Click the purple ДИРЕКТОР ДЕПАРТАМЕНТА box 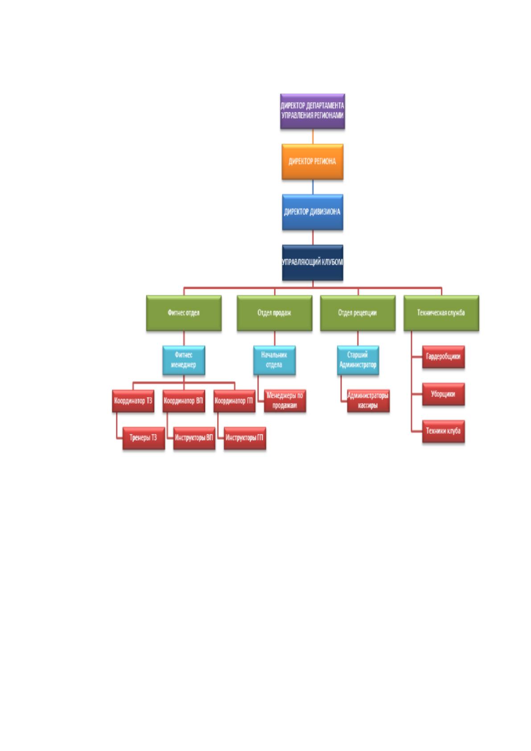point(313,111)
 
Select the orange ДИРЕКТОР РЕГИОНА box point(313,161)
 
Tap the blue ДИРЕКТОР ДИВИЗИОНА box point(313,212)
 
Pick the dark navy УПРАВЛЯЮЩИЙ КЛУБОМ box point(313,263)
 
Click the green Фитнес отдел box point(184,313)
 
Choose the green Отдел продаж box point(275,313)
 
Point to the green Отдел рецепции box point(358,313)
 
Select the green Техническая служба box point(441,313)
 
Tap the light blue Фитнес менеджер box point(184,360)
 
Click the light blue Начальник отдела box point(275,360)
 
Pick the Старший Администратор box point(358,360)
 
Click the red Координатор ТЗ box point(133,401)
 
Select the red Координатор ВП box point(184,401)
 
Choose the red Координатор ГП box point(235,401)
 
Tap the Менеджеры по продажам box point(285,400)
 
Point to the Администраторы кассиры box point(368,400)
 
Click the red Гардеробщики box point(444,357)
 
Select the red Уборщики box point(444,394)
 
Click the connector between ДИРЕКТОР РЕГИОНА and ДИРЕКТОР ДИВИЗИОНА point(313,187)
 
